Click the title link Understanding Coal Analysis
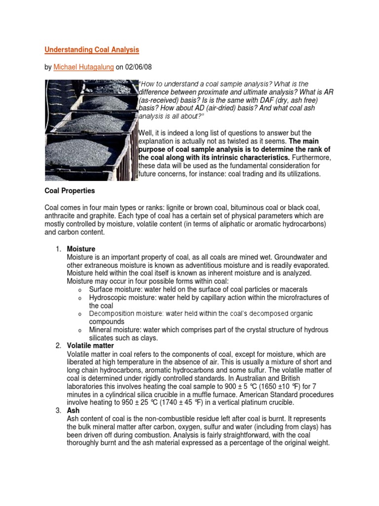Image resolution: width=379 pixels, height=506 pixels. click(92, 49)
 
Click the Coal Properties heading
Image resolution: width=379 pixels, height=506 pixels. click(70, 190)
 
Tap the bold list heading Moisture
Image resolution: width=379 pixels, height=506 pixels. click(81, 249)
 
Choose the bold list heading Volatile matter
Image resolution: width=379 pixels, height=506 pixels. click(90, 345)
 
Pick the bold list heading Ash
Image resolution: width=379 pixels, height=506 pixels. click(73, 410)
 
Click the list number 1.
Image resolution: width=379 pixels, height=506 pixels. click(57, 249)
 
